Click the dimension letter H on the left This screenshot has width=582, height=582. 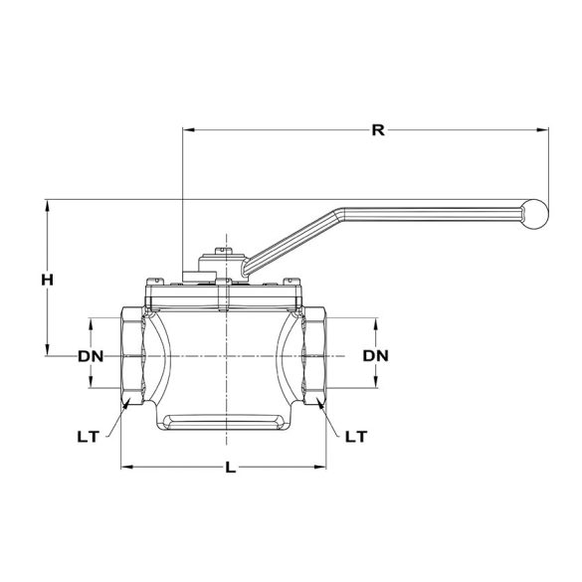pos(47,281)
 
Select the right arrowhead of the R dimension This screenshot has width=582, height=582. pos(544,128)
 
